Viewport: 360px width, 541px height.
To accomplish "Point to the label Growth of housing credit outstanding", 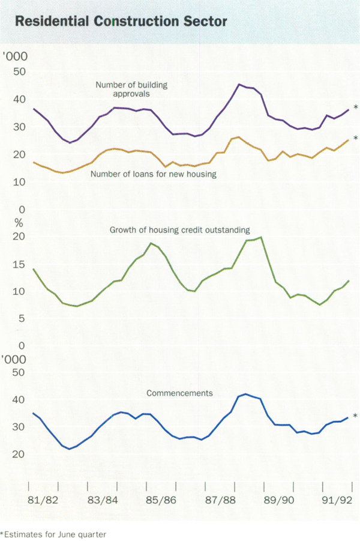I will pyautogui.click(x=179, y=230).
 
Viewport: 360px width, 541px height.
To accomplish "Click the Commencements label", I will pyautogui.click(x=181, y=394).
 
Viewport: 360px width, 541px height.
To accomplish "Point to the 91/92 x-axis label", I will pyautogui.click(x=333, y=500).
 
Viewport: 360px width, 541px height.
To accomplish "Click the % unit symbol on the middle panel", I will pyautogui.click(x=19, y=223).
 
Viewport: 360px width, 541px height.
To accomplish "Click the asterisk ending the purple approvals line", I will pyautogui.click(x=356, y=107).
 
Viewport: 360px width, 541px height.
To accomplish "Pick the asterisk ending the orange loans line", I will pyautogui.click(x=356, y=139).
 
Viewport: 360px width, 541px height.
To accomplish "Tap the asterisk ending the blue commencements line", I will pyautogui.click(x=355, y=416).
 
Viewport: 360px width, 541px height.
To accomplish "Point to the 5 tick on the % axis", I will pyautogui.click(x=21, y=319).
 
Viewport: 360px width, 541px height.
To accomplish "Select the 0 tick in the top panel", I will pyautogui.click(x=22, y=210).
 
